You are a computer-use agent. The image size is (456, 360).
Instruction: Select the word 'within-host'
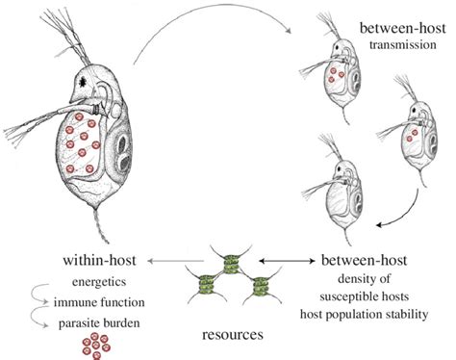[99, 260]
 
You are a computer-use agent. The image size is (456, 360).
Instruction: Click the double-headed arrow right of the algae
[280, 260]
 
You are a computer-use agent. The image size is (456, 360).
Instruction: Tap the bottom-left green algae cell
[208, 287]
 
